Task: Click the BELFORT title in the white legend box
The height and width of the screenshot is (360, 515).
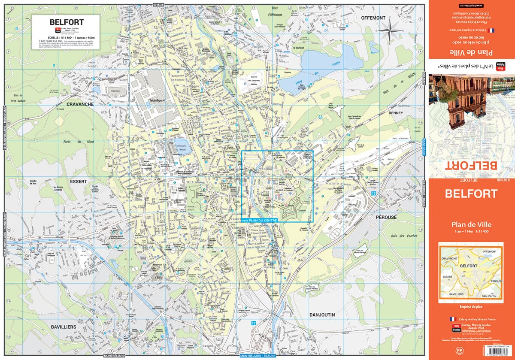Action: [67, 22]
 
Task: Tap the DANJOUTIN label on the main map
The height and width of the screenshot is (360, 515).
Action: [322, 315]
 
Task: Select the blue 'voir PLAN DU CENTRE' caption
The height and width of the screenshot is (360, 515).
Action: [261, 220]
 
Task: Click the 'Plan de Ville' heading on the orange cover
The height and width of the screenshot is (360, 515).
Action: [471, 224]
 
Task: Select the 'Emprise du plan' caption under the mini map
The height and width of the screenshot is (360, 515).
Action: [471, 306]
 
